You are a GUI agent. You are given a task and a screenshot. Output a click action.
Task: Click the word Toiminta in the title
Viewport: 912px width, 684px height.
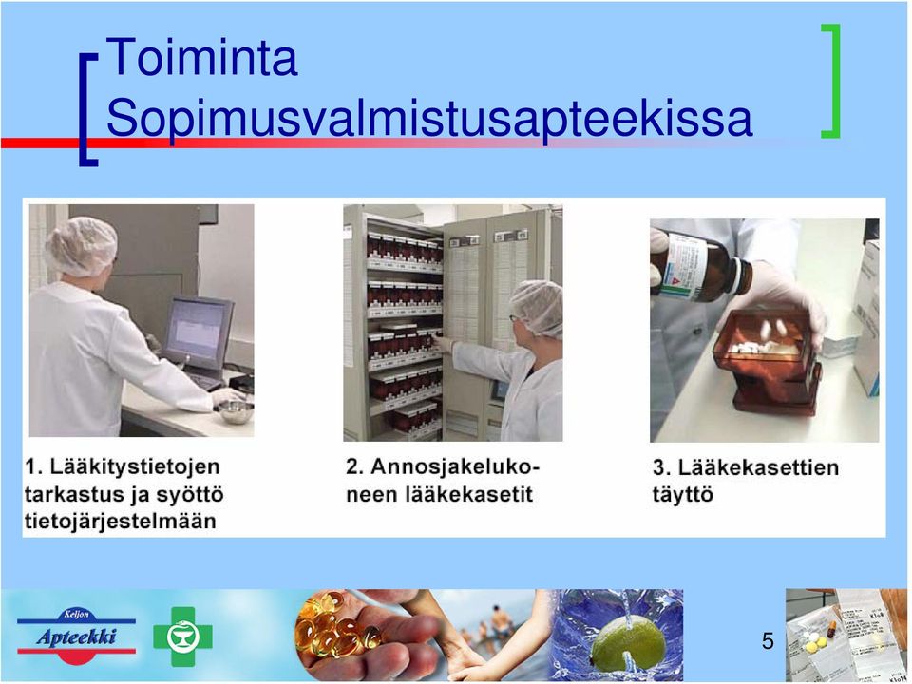[x=201, y=57]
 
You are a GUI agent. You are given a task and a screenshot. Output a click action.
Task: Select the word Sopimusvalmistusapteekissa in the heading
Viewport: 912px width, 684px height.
[x=429, y=120]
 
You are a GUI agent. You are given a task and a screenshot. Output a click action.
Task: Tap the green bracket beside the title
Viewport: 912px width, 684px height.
[x=833, y=81]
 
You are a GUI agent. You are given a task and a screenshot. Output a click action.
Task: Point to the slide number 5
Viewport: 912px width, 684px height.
[x=768, y=641]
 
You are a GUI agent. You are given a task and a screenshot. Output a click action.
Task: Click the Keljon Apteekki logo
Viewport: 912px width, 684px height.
[x=76, y=636]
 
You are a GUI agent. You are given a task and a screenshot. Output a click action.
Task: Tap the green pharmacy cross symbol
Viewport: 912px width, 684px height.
[x=182, y=636]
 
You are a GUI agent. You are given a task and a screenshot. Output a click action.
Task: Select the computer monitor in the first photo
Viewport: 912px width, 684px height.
[x=199, y=332]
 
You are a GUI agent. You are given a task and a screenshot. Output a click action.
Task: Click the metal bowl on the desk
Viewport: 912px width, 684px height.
[x=235, y=411]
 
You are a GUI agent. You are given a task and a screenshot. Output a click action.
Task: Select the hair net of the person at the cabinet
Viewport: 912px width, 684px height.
[x=538, y=307]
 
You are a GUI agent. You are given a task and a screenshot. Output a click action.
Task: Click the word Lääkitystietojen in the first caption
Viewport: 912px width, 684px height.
[x=134, y=466]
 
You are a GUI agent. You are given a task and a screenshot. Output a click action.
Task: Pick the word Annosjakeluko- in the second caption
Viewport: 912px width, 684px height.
[x=455, y=466]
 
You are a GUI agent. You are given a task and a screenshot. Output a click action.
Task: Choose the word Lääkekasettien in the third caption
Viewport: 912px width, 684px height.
[x=758, y=467]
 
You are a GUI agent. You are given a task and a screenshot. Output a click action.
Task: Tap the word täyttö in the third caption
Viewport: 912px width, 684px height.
[x=682, y=495]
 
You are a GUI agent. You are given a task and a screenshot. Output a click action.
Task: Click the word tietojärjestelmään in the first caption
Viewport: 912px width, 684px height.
[x=121, y=522]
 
